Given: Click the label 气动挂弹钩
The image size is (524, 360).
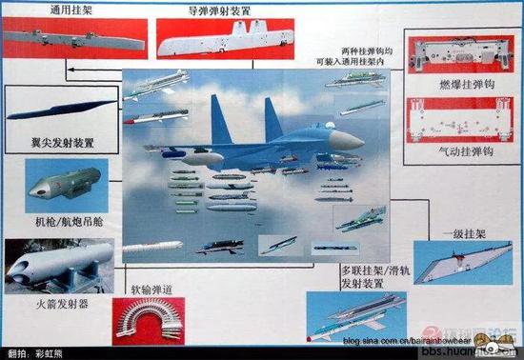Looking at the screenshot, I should point(456,150).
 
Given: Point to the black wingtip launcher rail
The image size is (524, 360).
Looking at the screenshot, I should point(58,110).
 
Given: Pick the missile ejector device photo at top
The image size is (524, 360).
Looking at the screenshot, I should point(223,40).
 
